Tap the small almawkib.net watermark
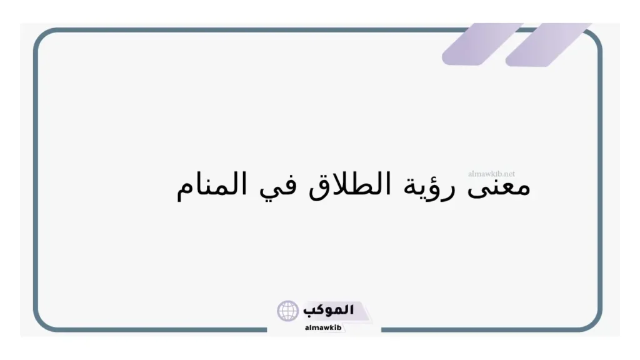[491, 173]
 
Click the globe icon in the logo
[288, 311]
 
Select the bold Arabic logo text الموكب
[329, 309]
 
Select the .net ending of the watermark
[509, 173]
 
